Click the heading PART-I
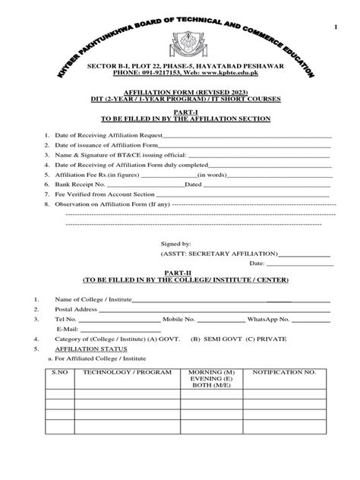coord(180,112)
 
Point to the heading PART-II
coord(180,270)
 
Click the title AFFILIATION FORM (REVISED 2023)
coord(180,90)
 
